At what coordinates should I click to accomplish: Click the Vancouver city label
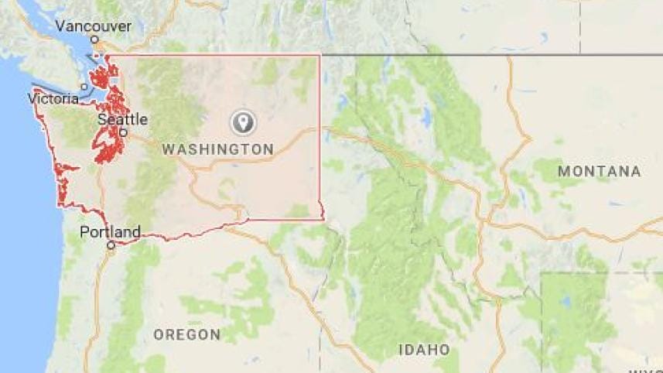(94, 26)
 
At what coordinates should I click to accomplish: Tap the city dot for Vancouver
(94, 39)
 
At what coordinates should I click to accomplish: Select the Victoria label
(53, 99)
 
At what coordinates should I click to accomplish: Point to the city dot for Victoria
(84, 86)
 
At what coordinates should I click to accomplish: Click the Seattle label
(122, 120)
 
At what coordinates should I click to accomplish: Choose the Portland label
(111, 231)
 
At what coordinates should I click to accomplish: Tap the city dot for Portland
(111, 245)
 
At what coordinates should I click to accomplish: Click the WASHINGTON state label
(217, 149)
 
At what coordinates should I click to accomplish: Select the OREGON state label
(187, 334)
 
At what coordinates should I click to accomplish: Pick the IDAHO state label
(424, 350)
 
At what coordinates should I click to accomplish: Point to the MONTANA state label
(600, 171)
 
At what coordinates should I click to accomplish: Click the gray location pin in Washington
(243, 121)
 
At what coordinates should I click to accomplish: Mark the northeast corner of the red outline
(320, 55)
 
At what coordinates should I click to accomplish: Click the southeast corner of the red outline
(323, 219)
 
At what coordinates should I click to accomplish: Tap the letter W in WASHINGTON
(168, 149)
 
